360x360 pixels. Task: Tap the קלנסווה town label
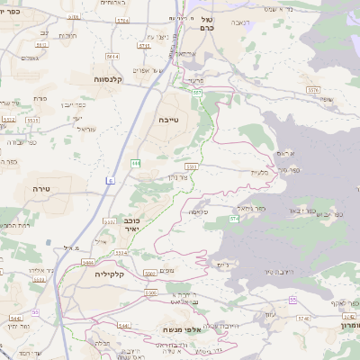coord(106,79)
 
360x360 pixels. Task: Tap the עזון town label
coord(270,312)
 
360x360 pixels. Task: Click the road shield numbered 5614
coord(112,56)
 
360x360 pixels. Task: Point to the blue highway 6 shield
coord(110,182)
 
